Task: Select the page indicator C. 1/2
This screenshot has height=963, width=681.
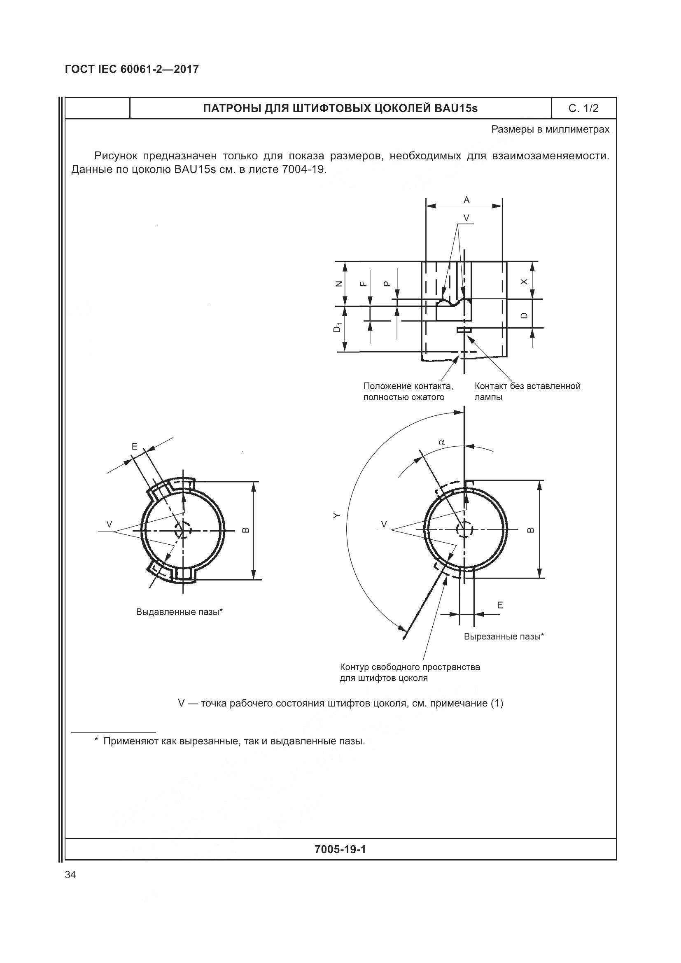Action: click(583, 109)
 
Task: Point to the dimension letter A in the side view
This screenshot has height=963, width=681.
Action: click(466, 200)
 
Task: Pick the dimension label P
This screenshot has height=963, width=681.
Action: click(387, 284)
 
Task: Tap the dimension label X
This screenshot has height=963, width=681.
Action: click(524, 282)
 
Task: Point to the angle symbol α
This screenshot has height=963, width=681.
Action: click(441, 442)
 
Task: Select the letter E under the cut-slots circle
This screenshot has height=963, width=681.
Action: click(500, 605)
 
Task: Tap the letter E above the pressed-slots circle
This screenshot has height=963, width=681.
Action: click(135, 446)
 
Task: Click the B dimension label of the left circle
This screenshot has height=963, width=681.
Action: click(246, 530)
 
